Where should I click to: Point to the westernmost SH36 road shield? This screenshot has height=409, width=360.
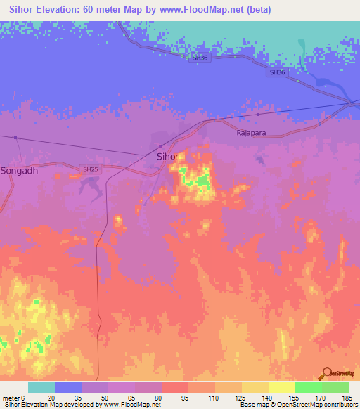tap(200, 58)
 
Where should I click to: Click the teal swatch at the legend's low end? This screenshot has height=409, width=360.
tap(41, 387)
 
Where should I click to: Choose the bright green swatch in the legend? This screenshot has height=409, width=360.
tap(308, 387)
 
